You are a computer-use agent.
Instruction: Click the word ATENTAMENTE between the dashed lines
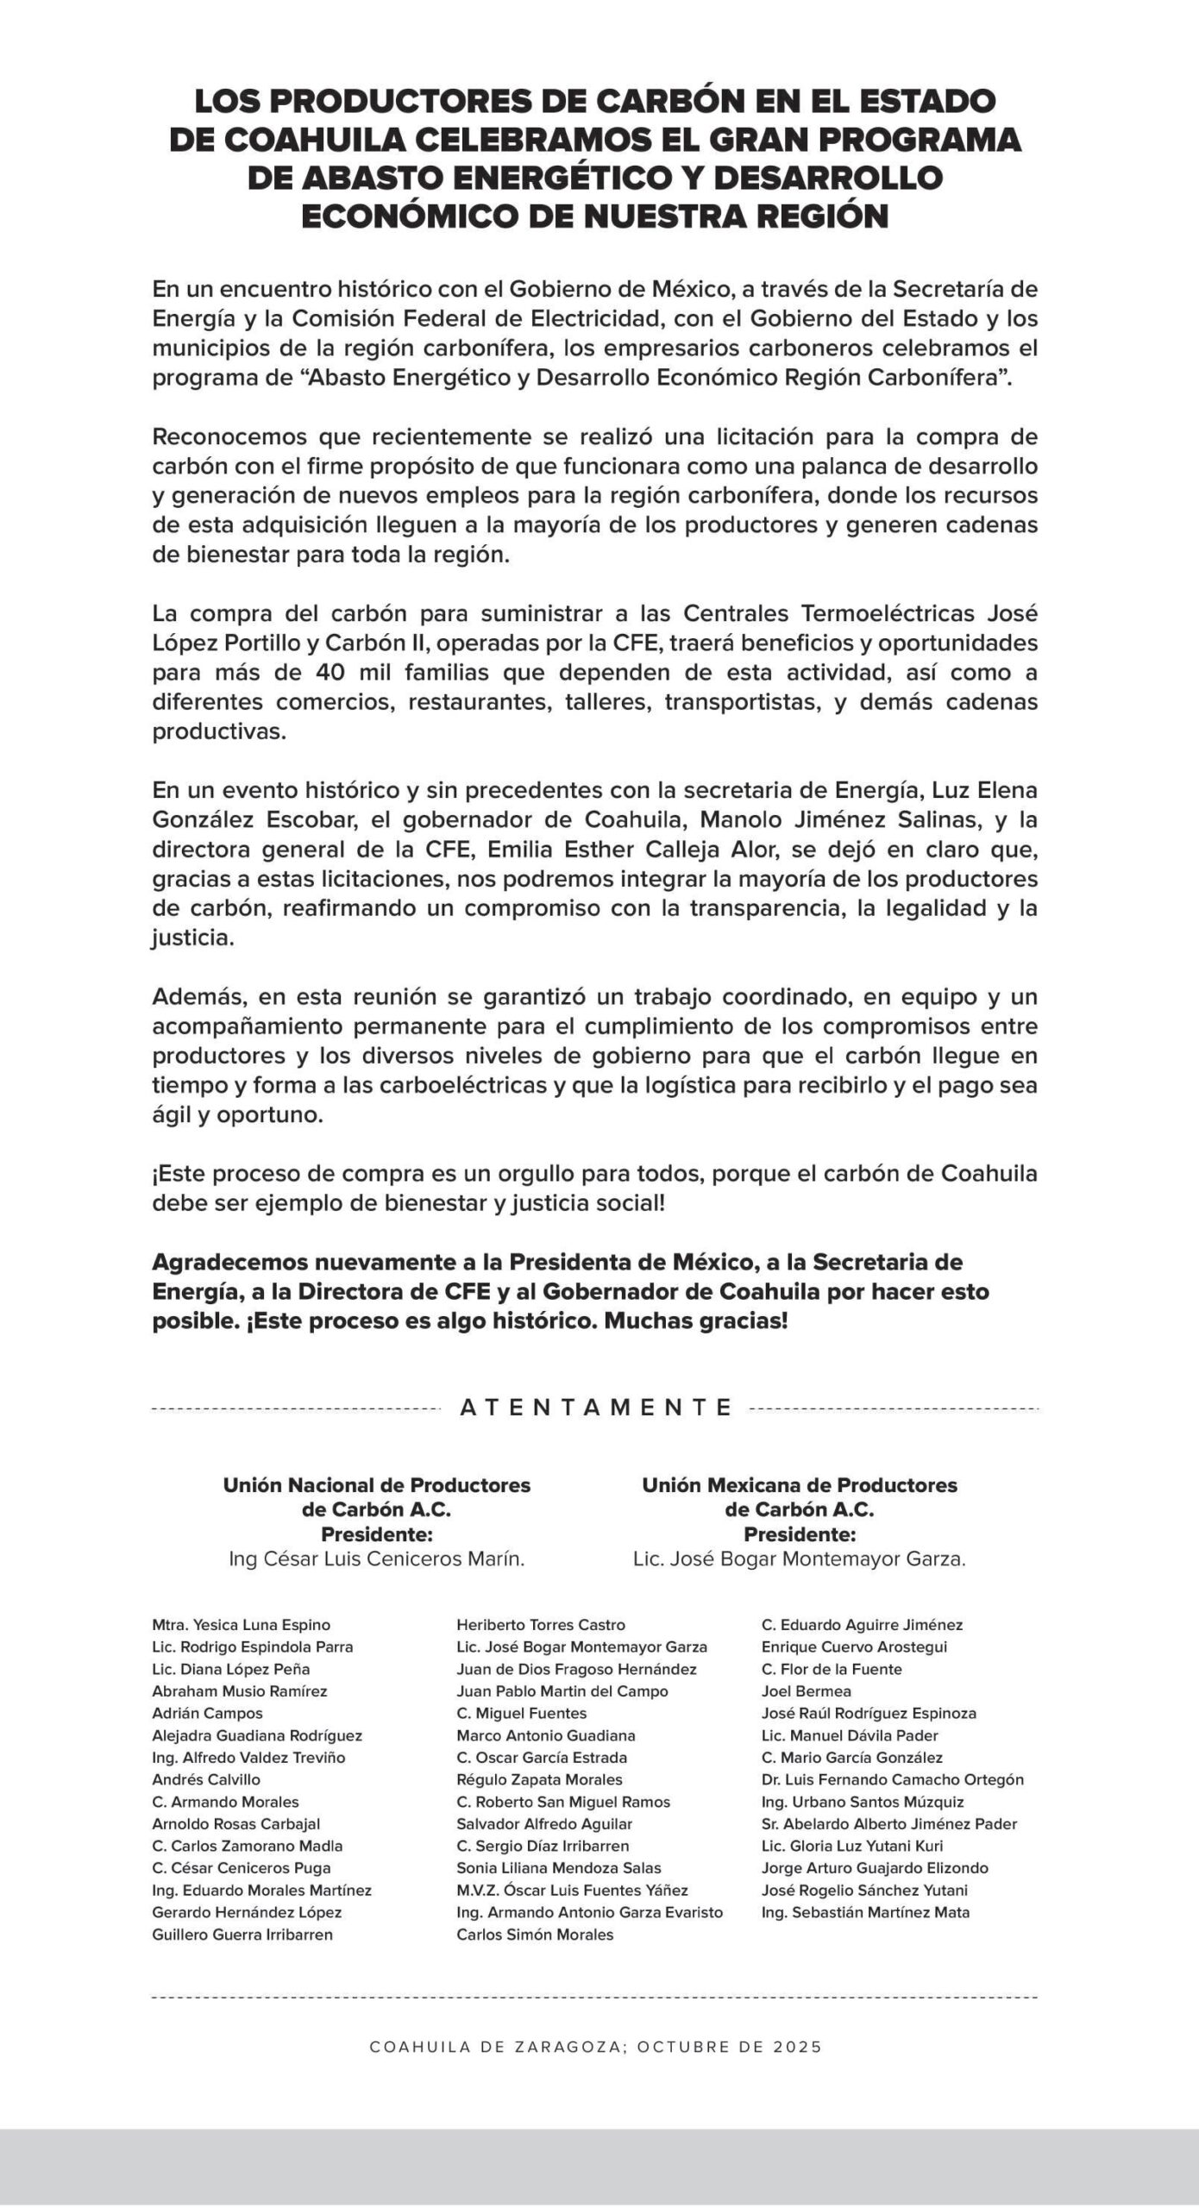pos(596,1408)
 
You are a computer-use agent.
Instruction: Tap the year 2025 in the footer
pos(800,2047)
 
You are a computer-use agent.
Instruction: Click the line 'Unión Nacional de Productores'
pos(377,1485)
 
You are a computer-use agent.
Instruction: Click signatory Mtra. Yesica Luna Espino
pos(241,1625)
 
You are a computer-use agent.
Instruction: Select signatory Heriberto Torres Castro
pos(541,1625)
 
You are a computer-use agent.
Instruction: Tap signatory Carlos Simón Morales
pos(535,1935)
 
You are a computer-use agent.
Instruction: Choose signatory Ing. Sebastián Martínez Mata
pos(865,1912)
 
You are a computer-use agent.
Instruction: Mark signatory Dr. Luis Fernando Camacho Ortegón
pos(892,1779)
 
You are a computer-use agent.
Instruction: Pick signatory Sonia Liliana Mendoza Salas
pos(559,1868)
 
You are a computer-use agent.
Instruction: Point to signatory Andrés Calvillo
pos(205,1779)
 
